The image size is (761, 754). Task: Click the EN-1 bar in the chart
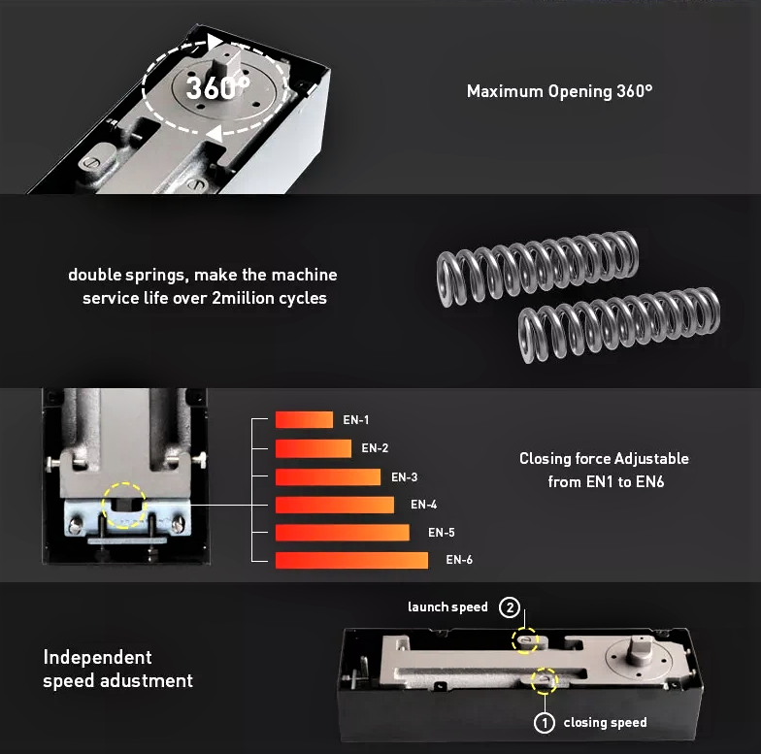(x=304, y=419)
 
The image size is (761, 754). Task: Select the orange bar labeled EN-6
(x=351, y=560)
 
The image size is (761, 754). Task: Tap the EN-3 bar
(x=328, y=477)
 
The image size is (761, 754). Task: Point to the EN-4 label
(x=423, y=505)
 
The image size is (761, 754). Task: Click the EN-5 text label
(x=441, y=532)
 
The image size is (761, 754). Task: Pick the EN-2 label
(x=375, y=448)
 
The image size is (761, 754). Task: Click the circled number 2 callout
(x=509, y=607)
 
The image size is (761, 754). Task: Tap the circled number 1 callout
(x=544, y=723)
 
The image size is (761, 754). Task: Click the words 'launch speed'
(x=447, y=607)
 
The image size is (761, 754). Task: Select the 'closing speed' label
(x=605, y=722)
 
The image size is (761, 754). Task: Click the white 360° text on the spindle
(x=217, y=87)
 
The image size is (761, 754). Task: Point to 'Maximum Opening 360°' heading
(x=559, y=91)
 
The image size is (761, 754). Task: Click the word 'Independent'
(x=97, y=658)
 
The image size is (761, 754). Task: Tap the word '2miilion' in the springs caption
(x=243, y=298)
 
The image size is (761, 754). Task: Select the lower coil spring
(x=619, y=325)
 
